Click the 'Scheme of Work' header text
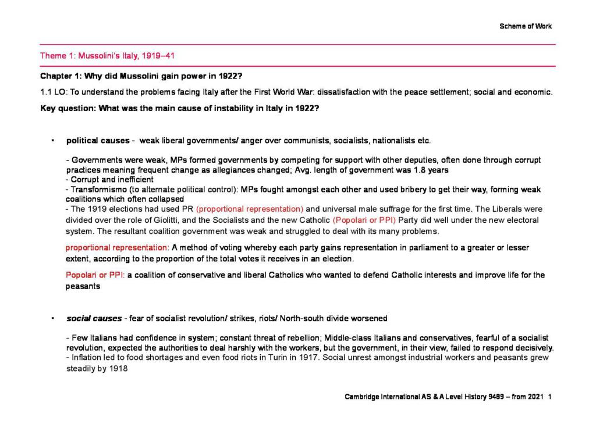point(525,26)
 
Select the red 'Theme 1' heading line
point(107,56)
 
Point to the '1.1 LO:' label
point(54,92)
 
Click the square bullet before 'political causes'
point(52,141)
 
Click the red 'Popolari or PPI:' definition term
point(95,275)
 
